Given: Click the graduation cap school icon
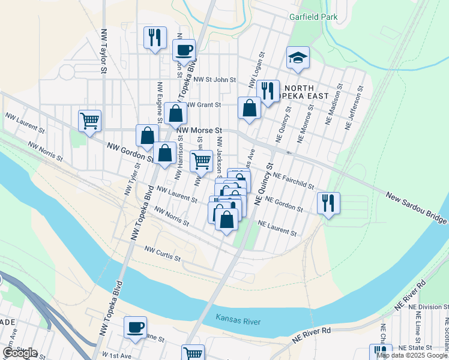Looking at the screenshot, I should point(298,58).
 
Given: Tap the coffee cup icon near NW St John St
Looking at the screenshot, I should point(184,49).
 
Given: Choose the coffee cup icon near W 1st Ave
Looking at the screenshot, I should point(135,327).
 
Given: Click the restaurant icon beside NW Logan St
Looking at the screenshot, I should point(268,91).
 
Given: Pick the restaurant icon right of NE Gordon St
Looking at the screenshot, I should point(328,203).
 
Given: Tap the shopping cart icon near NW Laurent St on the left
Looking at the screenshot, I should point(89,121).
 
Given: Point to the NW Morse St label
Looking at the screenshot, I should point(199,129).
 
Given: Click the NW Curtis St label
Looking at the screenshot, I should point(163,253).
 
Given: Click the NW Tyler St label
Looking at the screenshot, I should point(130,180).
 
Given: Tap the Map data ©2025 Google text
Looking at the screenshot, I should point(412,355).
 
